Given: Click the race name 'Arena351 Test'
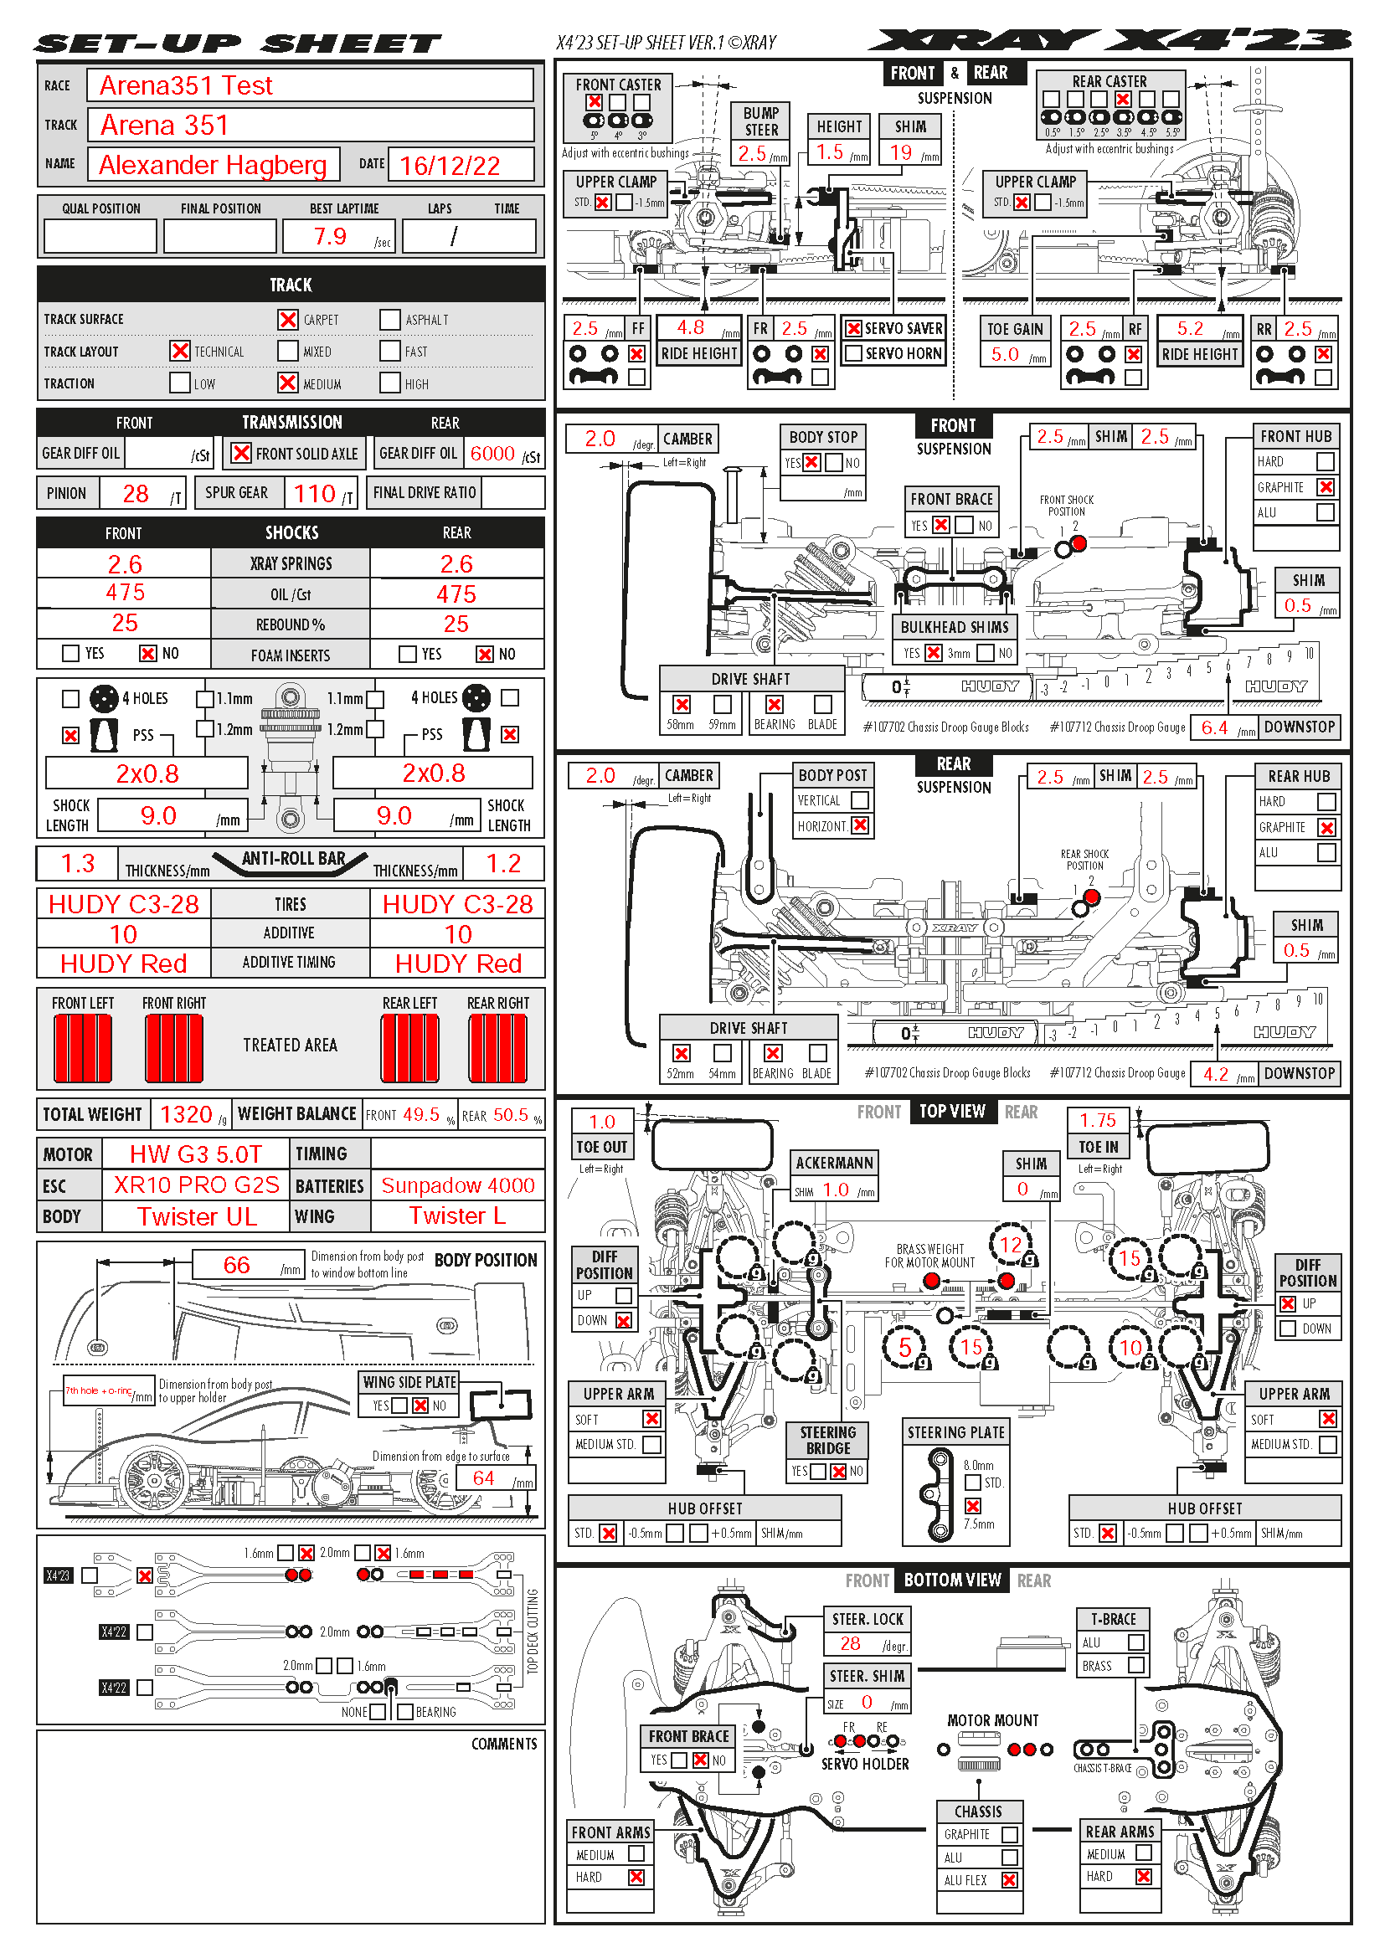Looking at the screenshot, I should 186,85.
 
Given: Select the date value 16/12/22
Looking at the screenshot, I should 450,166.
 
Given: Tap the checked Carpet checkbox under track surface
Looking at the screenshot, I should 288,320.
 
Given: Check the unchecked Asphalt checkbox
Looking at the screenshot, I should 389,320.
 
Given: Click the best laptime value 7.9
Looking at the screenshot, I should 330,236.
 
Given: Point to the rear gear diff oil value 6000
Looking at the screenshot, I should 492,454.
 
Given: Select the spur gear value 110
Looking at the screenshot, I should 315,493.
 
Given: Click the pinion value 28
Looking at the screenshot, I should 136,494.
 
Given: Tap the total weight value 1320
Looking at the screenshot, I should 186,1114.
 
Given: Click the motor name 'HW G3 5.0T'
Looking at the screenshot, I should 195,1154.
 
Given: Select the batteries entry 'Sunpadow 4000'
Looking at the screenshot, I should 458,1185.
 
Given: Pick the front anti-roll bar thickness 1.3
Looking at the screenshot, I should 78,863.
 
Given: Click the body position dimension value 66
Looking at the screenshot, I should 236,1265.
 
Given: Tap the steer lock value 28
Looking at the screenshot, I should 849,1643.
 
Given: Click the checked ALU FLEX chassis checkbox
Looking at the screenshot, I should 1010,1879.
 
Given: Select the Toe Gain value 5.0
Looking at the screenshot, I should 1005,354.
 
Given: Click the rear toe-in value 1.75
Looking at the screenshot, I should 1098,1120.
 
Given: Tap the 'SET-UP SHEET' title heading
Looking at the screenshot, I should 238,44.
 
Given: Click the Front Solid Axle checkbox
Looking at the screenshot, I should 242,453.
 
